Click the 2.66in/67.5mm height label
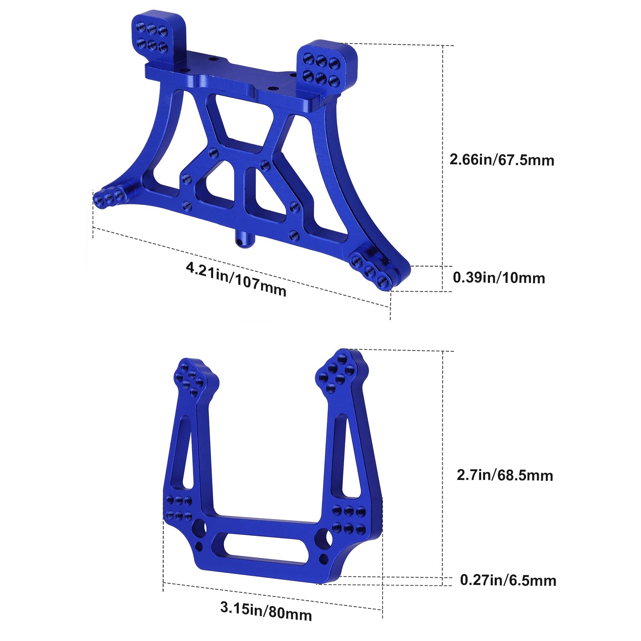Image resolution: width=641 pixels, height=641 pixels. click(502, 160)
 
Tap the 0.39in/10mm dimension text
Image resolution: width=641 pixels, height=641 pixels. click(499, 278)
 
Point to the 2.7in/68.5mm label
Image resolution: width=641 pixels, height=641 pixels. click(505, 475)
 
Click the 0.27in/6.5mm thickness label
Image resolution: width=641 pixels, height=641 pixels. click(508, 580)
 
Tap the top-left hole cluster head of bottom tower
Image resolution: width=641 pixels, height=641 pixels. click(191, 379)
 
